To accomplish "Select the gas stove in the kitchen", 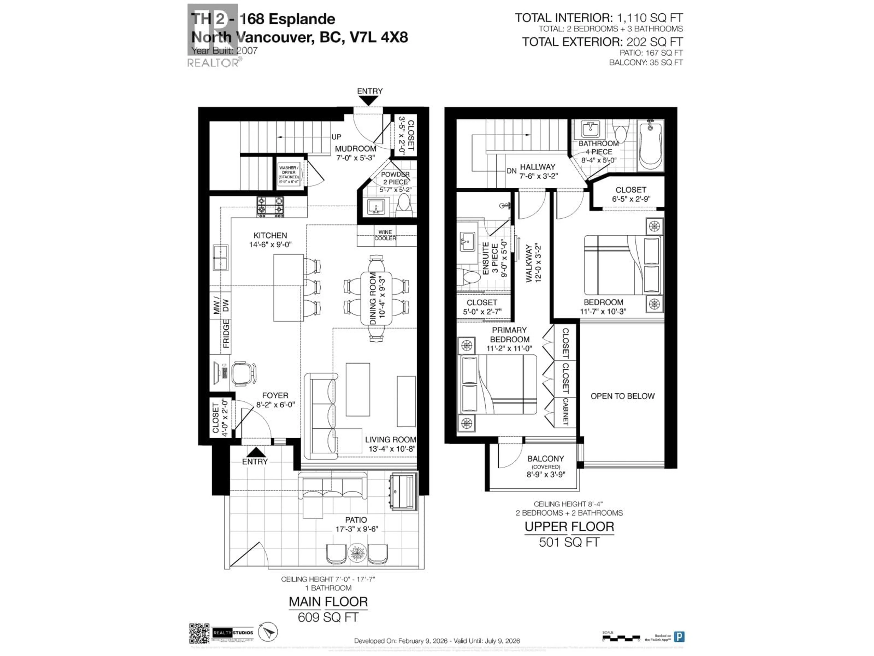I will click(x=271, y=206).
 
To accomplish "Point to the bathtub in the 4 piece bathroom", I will click(x=650, y=144).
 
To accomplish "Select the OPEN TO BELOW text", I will click(x=622, y=396).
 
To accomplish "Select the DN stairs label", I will click(x=511, y=171).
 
